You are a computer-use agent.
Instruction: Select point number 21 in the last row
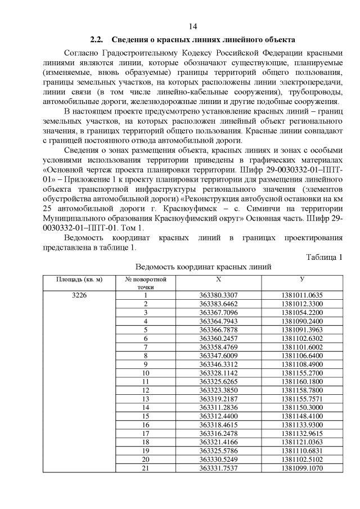(146, 467)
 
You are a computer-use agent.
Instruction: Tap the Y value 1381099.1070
(302, 467)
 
